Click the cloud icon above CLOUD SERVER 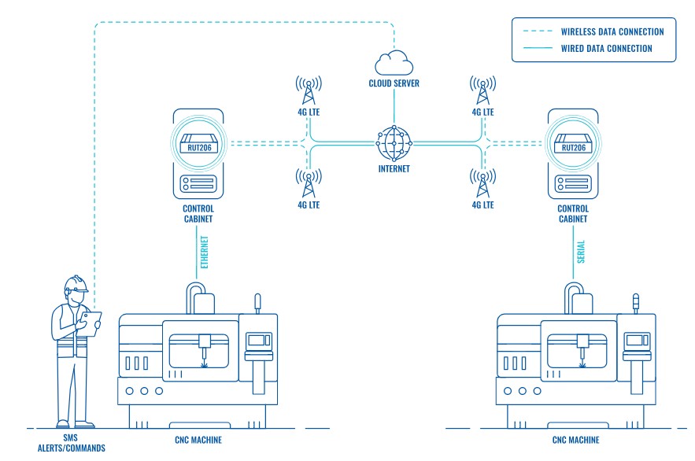pos(394,61)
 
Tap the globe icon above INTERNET pos(394,142)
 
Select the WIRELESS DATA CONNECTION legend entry pos(612,32)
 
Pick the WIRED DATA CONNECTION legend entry pos(606,48)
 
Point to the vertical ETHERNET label pos(205,253)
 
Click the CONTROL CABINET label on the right pos(572,215)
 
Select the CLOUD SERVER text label pos(394,83)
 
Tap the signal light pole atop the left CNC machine pos(257,304)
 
